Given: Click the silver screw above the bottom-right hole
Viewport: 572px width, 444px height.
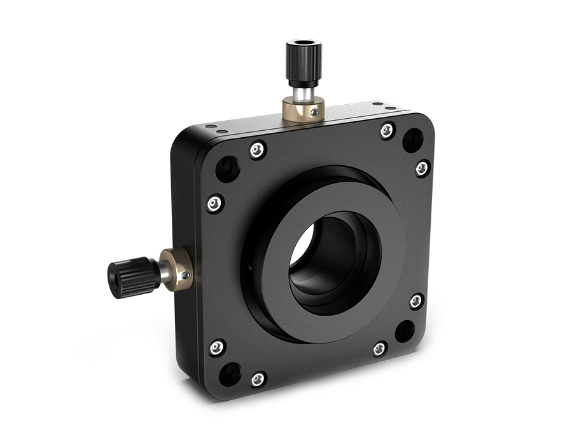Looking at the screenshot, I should click(x=415, y=299).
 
